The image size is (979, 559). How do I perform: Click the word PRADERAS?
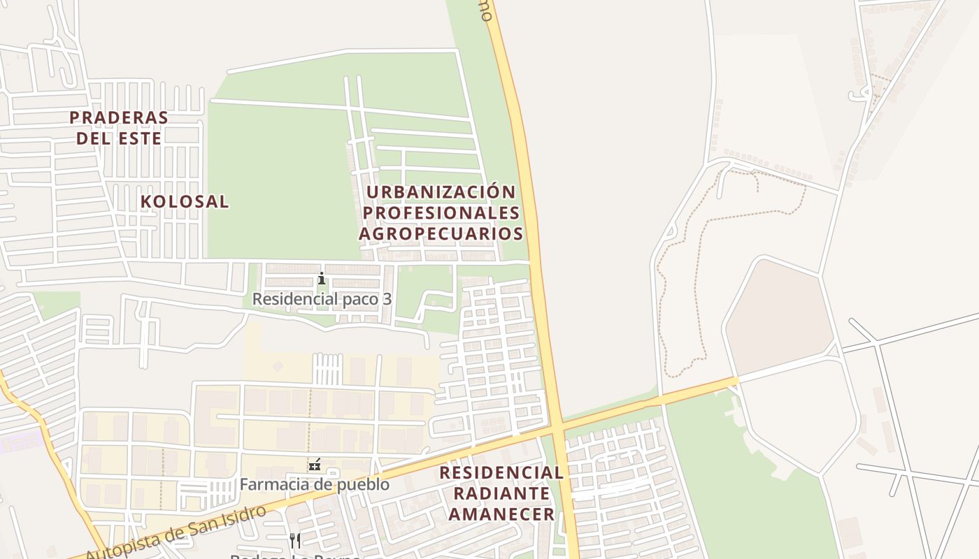coord(119,117)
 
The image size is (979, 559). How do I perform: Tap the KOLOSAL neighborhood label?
coord(185,202)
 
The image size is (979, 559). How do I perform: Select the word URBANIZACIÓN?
coord(441,192)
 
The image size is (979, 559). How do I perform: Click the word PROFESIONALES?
coord(442,212)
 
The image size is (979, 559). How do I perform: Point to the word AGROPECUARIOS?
coord(441,233)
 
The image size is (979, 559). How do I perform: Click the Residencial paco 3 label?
coord(322,299)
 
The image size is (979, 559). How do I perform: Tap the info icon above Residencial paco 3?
coord(321,278)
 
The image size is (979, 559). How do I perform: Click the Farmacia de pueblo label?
coord(315,484)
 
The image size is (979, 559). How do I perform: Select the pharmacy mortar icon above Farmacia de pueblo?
coord(314,464)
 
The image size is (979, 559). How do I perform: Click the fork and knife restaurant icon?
coord(295,540)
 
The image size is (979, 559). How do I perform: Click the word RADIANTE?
coord(501,493)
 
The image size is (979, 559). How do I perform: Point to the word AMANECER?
coord(501,515)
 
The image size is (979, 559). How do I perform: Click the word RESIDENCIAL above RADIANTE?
coord(501,473)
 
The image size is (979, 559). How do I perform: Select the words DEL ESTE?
coord(119,138)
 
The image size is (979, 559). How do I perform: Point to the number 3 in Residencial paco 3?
coord(387,299)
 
